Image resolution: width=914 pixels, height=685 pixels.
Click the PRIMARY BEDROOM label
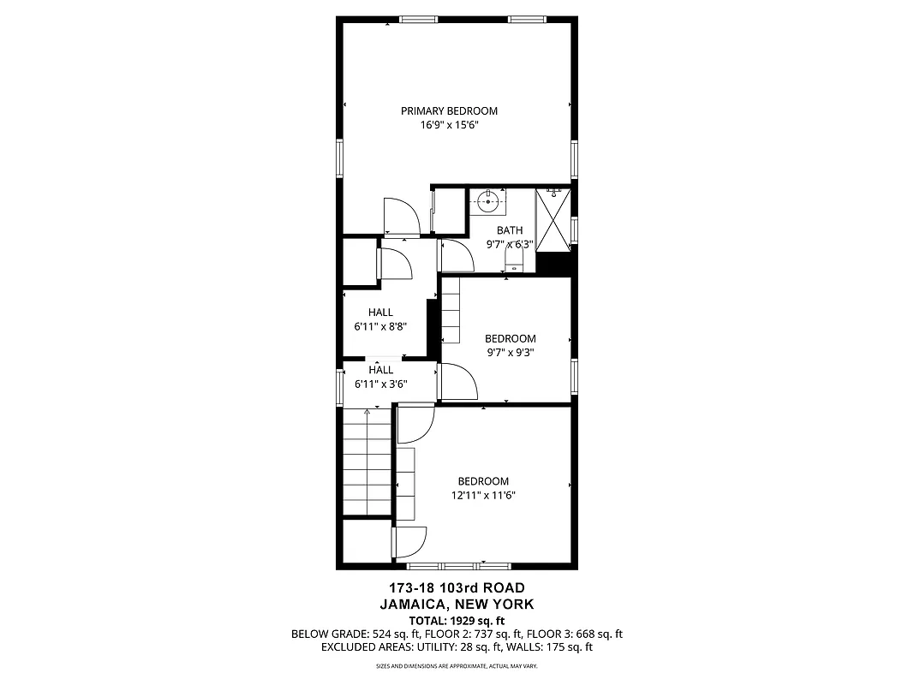[x=449, y=110]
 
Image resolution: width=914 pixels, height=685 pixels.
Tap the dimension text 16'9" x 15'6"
[x=449, y=125]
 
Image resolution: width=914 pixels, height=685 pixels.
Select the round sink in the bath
[x=488, y=203]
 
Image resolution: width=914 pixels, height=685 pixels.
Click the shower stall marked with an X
[x=553, y=220]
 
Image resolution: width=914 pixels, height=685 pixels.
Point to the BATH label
[x=510, y=230]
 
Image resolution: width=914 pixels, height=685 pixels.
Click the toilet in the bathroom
[x=514, y=259]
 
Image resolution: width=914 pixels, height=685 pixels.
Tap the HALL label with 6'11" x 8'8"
[x=380, y=313]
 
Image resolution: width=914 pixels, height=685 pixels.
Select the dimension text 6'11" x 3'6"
[x=380, y=384]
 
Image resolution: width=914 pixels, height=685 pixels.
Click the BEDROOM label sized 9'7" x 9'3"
[x=510, y=338]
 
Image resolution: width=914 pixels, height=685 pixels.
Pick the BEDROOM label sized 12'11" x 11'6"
[x=482, y=481]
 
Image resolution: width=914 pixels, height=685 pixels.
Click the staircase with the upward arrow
[x=367, y=462]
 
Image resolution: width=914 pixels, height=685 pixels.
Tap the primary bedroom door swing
[x=401, y=216]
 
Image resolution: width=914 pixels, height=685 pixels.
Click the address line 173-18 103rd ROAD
[x=457, y=588]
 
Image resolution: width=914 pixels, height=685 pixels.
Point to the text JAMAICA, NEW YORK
[x=457, y=604]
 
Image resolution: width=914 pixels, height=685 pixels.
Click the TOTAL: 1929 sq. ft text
[x=457, y=620]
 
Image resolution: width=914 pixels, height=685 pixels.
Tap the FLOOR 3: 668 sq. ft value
[x=574, y=634]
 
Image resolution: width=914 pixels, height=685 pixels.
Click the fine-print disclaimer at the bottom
[x=457, y=666]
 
